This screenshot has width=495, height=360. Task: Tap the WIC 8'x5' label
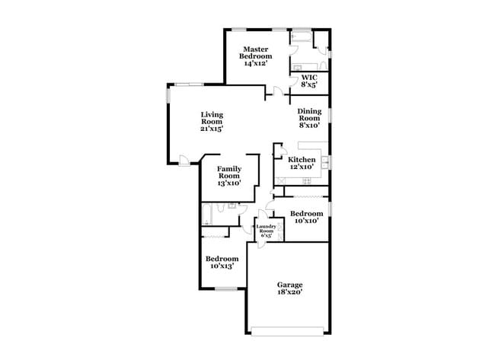308,81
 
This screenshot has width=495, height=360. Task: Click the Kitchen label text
302,163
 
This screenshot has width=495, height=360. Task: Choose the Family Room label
229,176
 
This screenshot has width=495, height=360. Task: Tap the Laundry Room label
266,231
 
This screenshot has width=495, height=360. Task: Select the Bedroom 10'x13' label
223,262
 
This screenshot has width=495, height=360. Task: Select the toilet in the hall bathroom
232,205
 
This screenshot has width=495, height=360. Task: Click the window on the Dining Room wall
330,114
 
